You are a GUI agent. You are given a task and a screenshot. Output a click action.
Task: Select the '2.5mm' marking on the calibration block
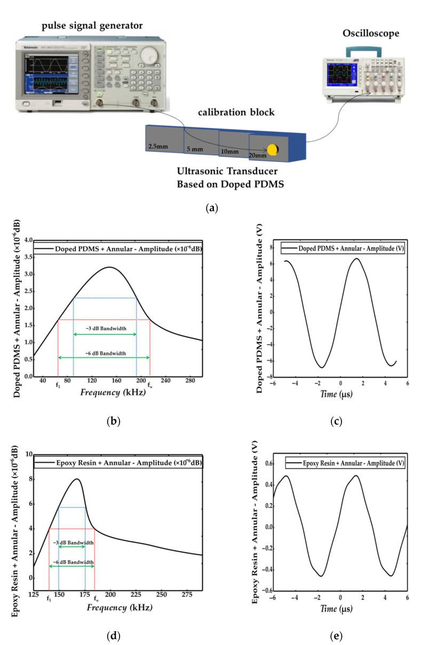tap(158, 145)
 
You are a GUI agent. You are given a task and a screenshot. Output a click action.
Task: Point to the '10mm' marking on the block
tap(229, 152)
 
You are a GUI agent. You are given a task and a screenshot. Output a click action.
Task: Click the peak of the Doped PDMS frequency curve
tap(108, 267)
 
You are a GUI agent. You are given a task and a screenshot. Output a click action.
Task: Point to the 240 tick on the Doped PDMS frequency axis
tap(166, 381)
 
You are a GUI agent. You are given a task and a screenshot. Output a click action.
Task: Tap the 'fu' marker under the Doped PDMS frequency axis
tap(150, 385)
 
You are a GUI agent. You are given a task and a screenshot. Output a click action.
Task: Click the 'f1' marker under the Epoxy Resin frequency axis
tap(49, 599)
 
